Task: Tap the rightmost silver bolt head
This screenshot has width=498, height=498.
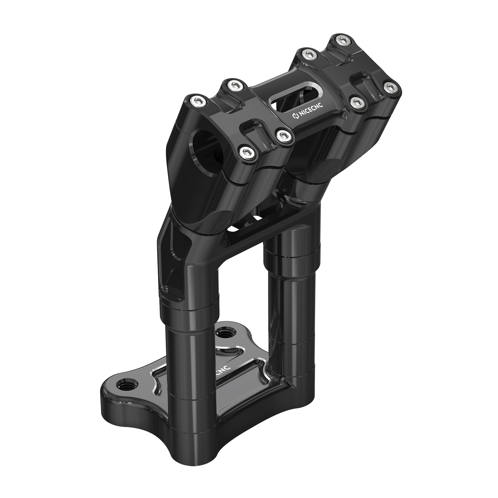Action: (388, 87)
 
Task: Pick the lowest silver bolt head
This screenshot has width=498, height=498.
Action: (245, 152)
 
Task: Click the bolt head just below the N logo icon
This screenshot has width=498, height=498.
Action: (283, 135)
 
